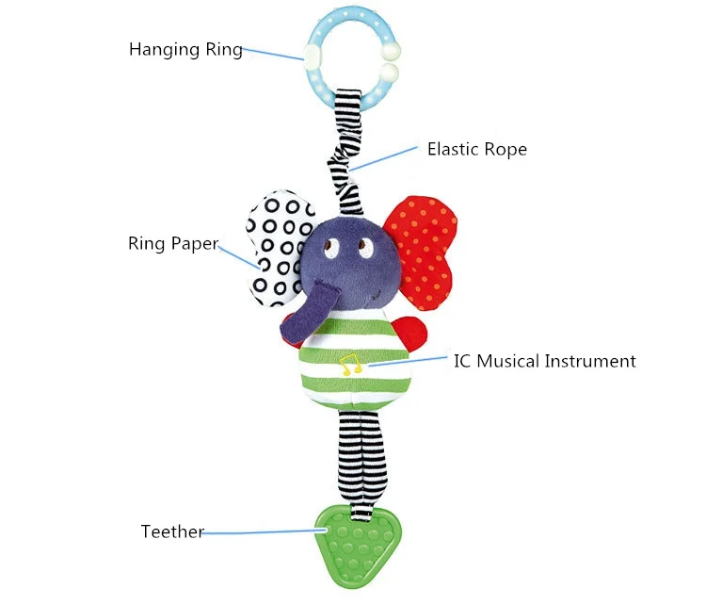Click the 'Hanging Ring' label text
pos(185,49)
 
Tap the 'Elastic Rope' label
pos(477,149)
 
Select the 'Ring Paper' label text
pos(173,243)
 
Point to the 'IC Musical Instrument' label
pos(544,361)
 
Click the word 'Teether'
pos(172,531)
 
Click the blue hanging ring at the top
pos(314,83)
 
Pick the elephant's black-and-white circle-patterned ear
pos(277,248)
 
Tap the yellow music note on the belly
pos(350,365)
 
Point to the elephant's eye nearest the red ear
pos(365,248)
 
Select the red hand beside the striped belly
pos(410,334)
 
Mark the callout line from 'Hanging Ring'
pos(273,53)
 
